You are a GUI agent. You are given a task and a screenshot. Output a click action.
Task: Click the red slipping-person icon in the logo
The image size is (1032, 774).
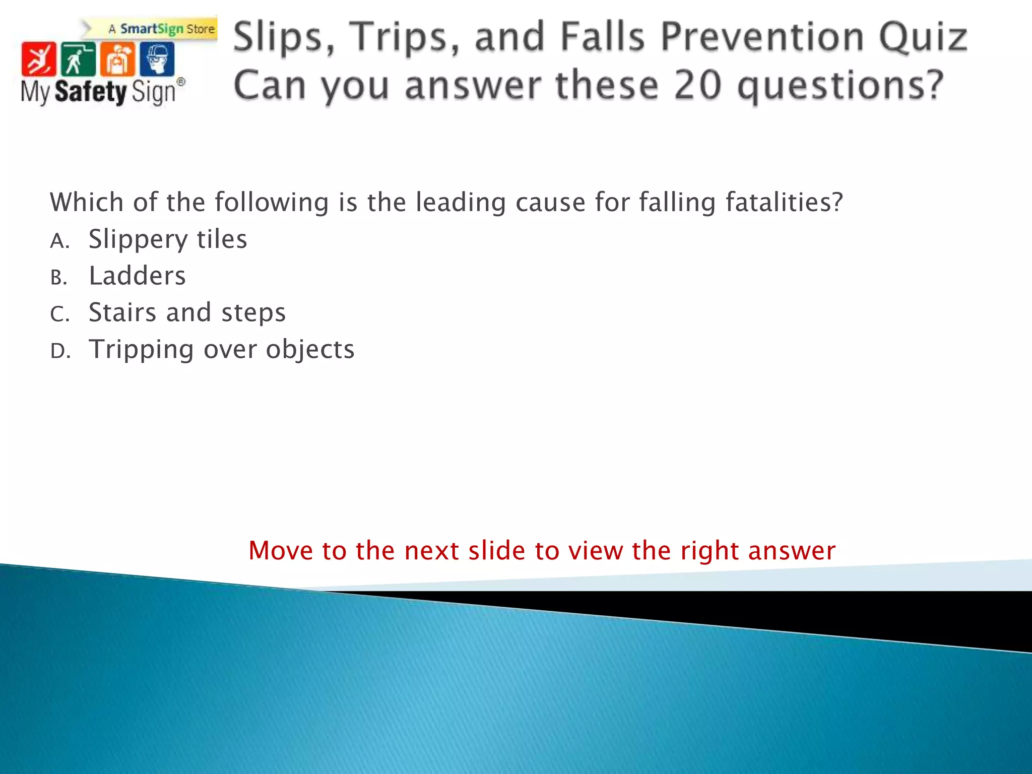[x=38, y=59]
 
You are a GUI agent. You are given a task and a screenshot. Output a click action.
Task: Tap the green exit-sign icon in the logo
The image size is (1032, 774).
[x=78, y=59]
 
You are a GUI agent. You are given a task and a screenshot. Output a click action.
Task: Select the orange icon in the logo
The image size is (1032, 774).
[x=117, y=59]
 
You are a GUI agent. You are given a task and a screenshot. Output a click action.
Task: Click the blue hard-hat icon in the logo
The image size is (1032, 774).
[x=157, y=59]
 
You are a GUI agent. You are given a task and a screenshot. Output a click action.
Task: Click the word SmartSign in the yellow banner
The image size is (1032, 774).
[x=152, y=29]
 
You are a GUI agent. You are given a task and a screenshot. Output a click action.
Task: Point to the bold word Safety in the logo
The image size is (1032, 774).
[x=91, y=92]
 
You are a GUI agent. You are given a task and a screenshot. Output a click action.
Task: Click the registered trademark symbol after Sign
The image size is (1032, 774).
[x=181, y=82]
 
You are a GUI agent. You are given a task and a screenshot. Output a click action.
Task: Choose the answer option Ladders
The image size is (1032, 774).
[x=137, y=276]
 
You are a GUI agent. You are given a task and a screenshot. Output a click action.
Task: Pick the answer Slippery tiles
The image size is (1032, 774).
[x=168, y=239]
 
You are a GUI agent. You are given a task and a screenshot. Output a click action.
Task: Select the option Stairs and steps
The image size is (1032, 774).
[x=187, y=312]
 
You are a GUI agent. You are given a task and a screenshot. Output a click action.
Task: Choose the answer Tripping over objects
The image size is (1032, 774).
[x=222, y=349]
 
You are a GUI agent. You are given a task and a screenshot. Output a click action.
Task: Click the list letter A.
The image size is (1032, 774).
[x=59, y=241]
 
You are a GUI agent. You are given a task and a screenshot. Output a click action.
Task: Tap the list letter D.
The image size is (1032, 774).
[x=60, y=351]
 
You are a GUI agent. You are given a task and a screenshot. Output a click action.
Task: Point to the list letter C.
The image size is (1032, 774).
[x=59, y=314]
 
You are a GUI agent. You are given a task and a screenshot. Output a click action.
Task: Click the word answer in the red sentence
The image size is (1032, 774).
[x=792, y=550]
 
